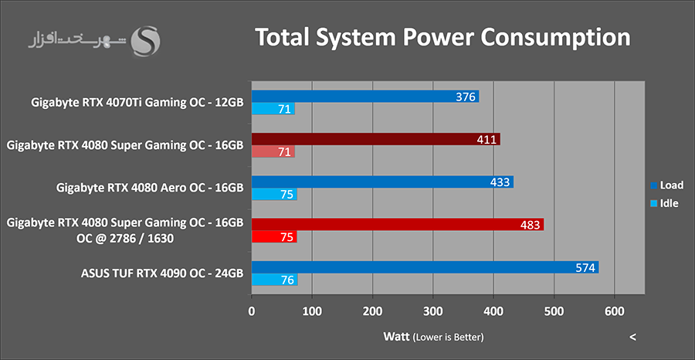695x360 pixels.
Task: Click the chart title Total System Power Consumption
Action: click(x=442, y=37)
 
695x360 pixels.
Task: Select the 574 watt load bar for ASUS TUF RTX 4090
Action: click(x=425, y=267)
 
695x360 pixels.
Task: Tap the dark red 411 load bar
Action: click(x=375, y=139)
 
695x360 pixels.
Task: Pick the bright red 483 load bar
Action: click(x=397, y=224)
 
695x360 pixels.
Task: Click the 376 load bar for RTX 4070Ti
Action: click(x=364, y=97)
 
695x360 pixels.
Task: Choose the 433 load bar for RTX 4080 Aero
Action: click(x=382, y=182)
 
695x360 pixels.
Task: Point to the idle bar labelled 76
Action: click(x=274, y=280)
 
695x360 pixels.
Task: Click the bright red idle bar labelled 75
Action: click(x=273, y=238)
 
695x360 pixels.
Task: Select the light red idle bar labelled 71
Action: click(x=273, y=152)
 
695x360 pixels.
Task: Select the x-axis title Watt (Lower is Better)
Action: click(x=433, y=337)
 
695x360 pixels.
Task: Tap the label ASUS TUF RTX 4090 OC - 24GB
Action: click(x=162, y=273)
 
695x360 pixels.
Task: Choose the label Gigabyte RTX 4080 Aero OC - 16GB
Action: click(x=151, y=187)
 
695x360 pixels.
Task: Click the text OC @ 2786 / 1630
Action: click(x=128, y=238)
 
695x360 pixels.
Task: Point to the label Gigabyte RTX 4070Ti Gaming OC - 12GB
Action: click(x=137, y=102)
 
